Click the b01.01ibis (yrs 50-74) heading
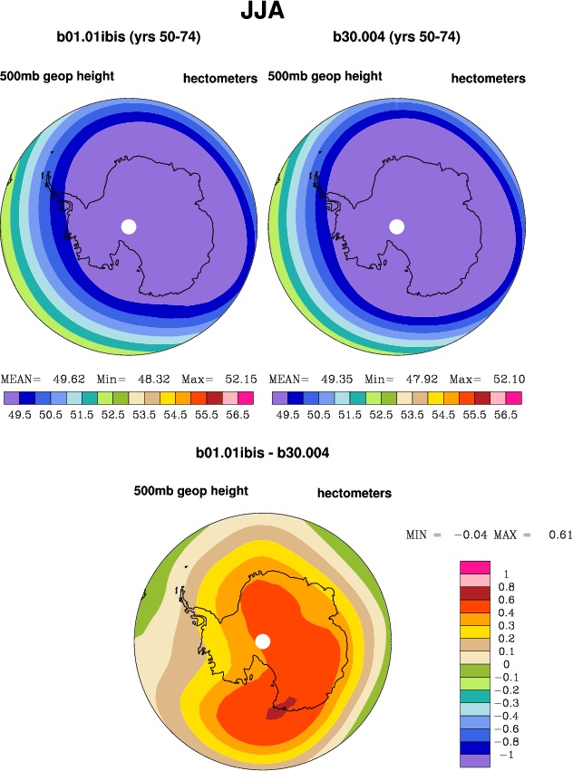coord(128,37)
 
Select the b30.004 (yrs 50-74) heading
coord(396,37)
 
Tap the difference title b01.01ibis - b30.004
coord(262,451)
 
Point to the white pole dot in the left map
coord(129,226)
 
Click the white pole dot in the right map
coord(396,226)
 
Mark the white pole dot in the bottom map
coord(263,641)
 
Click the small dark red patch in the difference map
coord(281,708)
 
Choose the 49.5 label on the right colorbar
coord(287,414)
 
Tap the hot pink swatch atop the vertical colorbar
coord(476,567)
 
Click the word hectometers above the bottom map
coord(354,493)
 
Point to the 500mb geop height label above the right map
coord(325,76)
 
